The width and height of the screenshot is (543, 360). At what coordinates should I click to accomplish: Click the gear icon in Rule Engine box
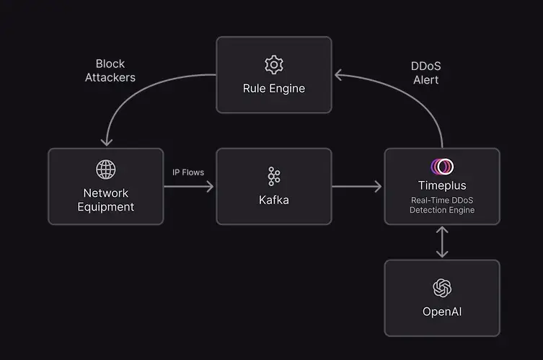pyautogui.click(x=273, y=65)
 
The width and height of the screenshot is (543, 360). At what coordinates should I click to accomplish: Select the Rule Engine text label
pyautogui.click(x=273, y=89)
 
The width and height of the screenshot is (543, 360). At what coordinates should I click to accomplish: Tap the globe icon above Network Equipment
pyautogui.click(x=106, y=170)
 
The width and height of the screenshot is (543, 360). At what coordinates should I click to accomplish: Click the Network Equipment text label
pyautogui.click(x=106, y=200)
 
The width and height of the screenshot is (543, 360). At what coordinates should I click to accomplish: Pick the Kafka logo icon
pyautogui.click(x=273, y=176)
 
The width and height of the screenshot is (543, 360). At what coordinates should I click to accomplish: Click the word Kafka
pyautogui.click(x=273, y=200)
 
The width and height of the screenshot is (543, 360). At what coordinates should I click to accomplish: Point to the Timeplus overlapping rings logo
pyautogui.click(x=442, y=167)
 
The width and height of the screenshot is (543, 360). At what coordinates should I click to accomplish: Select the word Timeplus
pyautogui.click(x=442, y=185)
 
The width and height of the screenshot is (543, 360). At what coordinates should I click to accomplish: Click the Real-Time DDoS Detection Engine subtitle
pyautogui.click(x=442, y=204)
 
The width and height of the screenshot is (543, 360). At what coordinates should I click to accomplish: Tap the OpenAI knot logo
pyautogui.click(x=442, y=288)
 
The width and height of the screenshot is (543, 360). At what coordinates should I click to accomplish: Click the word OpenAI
pyautogui.click(x=442, y=312)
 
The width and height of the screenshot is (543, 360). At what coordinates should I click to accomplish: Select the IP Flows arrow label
pyautogui.click(x=188, y=172)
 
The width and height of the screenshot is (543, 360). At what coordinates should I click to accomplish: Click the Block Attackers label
pyautogui.click(x=115, y=71)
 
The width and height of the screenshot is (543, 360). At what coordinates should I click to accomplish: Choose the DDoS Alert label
pyautogui.click(x=425, y=73)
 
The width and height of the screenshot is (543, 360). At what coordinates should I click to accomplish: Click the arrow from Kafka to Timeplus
pyautogui.click(x=357, y=187)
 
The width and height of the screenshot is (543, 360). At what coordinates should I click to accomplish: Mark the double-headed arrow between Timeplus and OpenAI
pyautogui.click(x=442, y=242)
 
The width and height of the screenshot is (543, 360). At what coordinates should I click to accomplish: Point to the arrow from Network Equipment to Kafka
pyautogui.click(x=189, y=187)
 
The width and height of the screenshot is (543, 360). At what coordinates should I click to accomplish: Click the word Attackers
pyautogui.click(x=115, y=77)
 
